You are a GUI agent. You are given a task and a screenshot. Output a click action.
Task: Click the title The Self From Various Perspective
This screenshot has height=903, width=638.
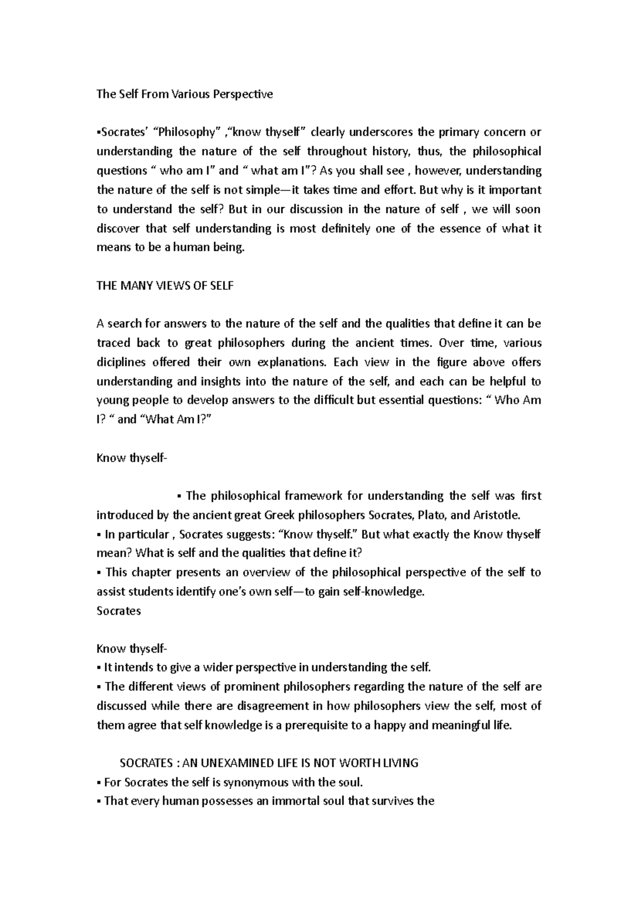coord(184,94)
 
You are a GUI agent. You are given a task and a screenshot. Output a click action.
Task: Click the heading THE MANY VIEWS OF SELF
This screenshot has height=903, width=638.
coord(165,286)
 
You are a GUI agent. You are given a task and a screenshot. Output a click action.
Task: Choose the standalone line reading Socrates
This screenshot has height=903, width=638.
coord(119,611)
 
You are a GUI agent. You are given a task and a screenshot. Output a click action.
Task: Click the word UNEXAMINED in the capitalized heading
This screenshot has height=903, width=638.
coord(226,763)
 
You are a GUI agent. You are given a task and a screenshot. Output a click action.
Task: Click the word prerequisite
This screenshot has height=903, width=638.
coord(317,725)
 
